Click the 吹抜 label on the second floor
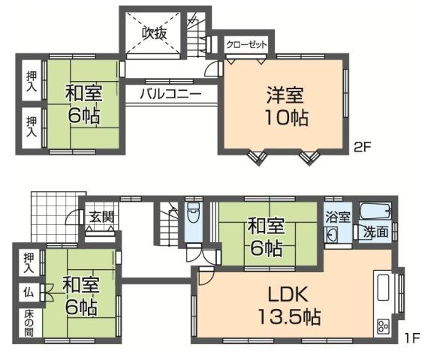pyautogui.click(x=155, y=33)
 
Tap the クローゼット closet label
pyautogui.click(x=247, y=45)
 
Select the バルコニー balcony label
pyautogui.click(x=169, y=94)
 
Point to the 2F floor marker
pyautogui.click(x=363, y=147)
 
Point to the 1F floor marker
pyautogui.click(x=409, y=338)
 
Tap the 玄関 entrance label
pyautogui.click(x=101, y=217)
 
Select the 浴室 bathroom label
pyautogui.click(x=337, y=217)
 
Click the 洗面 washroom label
pyautogui.click(x=376, y=232)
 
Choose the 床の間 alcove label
pyautogui.click(x=27, y=322)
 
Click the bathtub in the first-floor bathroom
pyautogui.click(x=376, y=211)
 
